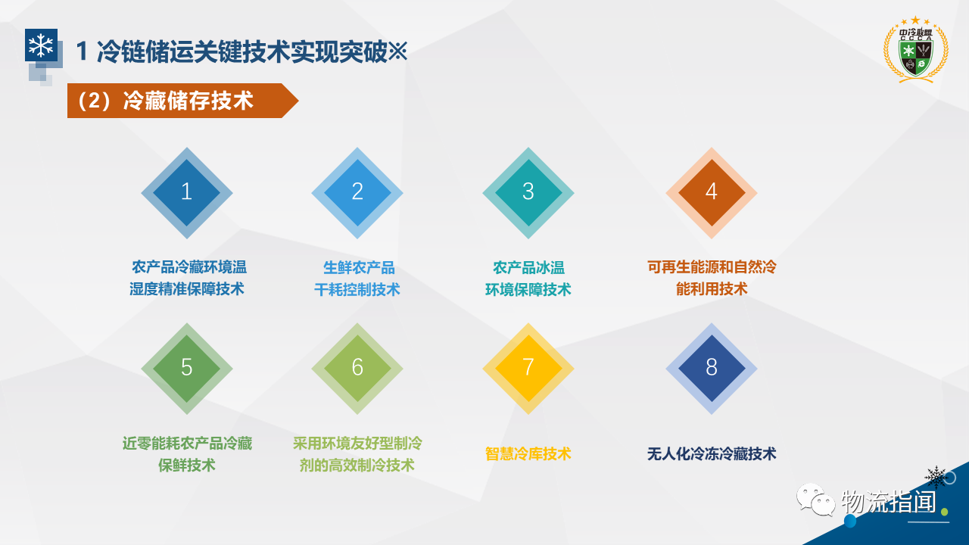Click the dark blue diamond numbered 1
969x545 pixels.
pyautogui.click(x=187, y=193)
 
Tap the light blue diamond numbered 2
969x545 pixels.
pyautogui.click(x=357, y=193)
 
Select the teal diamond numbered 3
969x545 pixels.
pyautogui.click(x=528, y=193)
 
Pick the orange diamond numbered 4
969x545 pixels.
pyautogui.click(x=712, y=193)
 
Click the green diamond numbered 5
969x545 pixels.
pyautogui.click(x=187, y=369)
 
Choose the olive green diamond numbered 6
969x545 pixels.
pyautogui.click(x=357, y=369)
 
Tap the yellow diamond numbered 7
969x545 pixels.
pyautogui.click(x=528, y=369)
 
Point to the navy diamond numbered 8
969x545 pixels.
pyautogui.click(x=712, y=369)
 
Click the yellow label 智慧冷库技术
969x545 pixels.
pyautogui.click(x=528, y=453)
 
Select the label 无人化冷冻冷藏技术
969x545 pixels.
pyautogui.click(x=712, y=453)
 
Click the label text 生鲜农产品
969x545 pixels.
pyautogui.click(x=359, y=268)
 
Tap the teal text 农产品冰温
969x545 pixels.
pyautogui.click(x=528, y=268)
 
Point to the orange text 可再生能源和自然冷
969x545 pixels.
pyautogui.click(x=712, y=267)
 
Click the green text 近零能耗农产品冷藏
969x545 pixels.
pyautogui.click(x=187, y=444)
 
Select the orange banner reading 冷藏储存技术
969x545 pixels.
pyautogui.click(x=182, y=101)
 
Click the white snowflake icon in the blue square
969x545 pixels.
pyautogui.click(x=41, y=45)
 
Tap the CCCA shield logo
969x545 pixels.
pyautogui.click(x=916, y=51)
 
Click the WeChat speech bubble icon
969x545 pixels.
pyautogui.click(x=816, y=500)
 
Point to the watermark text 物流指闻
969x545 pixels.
pyautogui.click(x=889, y=502)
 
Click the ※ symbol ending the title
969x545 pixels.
pyautogui.click(x=397, y=51)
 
